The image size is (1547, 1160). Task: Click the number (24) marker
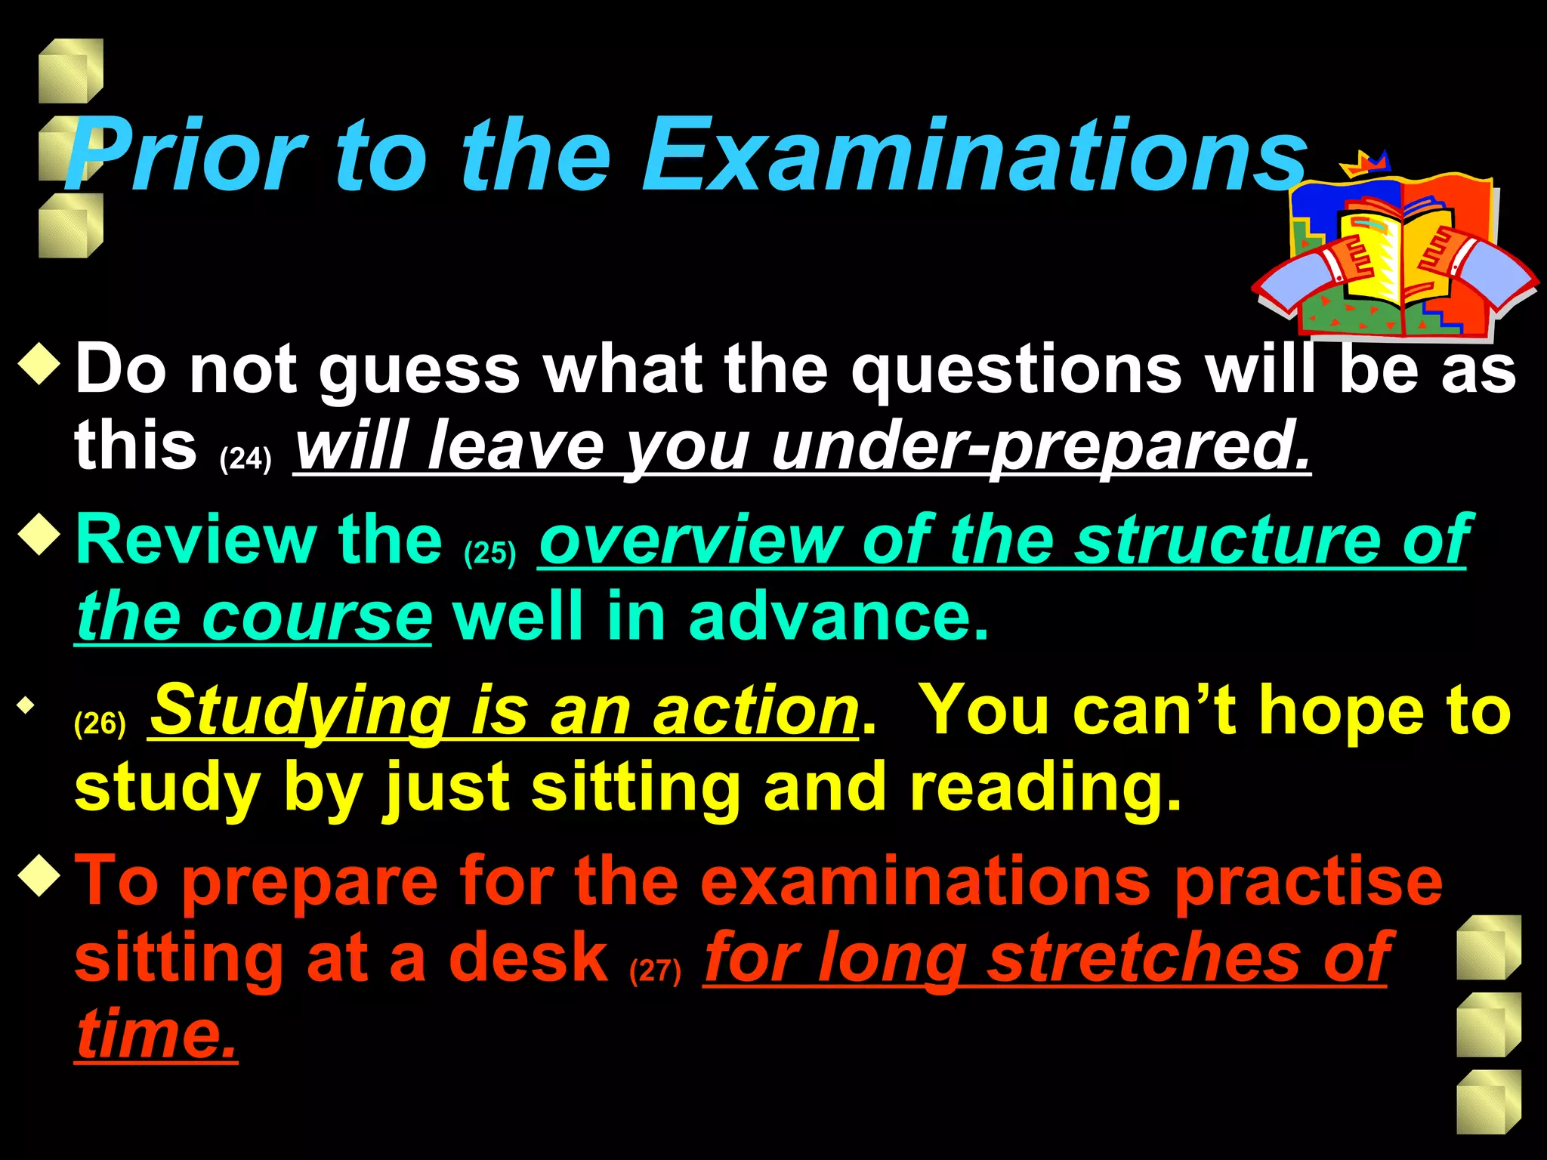[x=245, y=458]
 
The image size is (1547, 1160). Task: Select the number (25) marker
[x=490, y=553]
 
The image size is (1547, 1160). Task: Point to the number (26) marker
[x=100, y=723]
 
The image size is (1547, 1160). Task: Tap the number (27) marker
[x=655, y=970]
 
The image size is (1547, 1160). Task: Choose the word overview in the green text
[x=690, y=540]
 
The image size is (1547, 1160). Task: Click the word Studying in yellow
[x=302, y=710]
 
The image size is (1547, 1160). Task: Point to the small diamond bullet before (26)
[x=27, y=706]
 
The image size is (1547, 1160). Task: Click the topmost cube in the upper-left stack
[x=70, y=70]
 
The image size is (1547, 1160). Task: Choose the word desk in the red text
[x=529, y=957]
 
